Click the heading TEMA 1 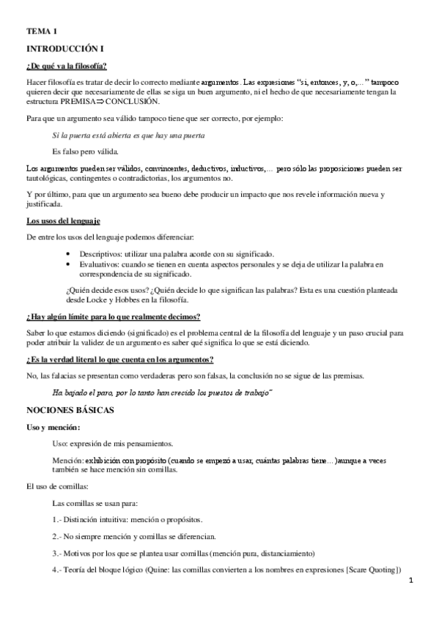pos(42,31)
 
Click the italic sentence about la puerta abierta pos(128,135)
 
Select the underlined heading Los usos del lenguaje pos(63,220)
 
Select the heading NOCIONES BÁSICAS pos(70,411)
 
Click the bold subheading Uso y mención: pos(54,427)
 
